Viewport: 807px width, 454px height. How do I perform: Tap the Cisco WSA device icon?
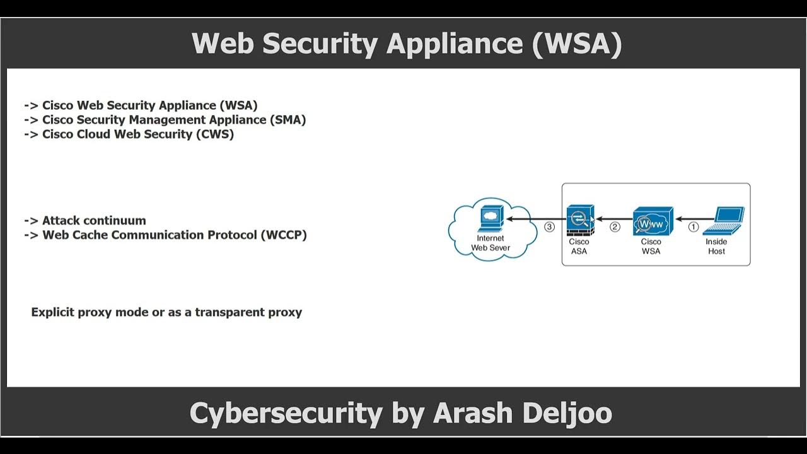653,221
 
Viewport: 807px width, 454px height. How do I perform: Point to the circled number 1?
693,226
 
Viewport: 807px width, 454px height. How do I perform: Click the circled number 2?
615,226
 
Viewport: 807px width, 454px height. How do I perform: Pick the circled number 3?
549,226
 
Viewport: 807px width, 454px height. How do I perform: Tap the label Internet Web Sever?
491,243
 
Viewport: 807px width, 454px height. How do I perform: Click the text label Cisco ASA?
579,247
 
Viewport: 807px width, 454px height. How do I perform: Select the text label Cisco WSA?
651,247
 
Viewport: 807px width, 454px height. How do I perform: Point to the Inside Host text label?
716,247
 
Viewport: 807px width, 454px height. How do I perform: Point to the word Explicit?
53,312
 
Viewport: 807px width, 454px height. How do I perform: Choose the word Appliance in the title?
455,44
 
